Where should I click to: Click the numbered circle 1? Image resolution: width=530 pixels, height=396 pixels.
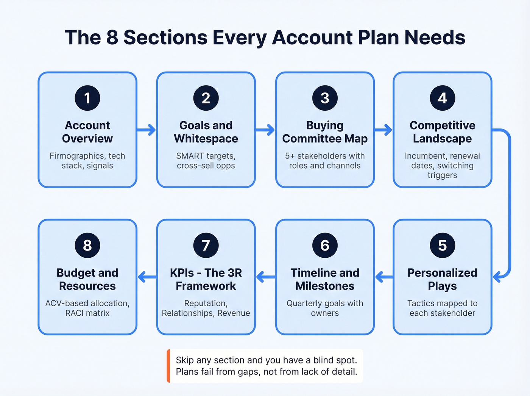click(87, 98)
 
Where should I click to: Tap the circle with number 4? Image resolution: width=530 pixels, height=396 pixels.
click(442, 98)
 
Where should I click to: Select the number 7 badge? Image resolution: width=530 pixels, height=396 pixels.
click(206, 245)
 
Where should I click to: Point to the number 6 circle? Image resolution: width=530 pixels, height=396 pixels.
click(325, 245)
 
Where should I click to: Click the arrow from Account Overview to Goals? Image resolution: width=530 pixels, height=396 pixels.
click(147, 130)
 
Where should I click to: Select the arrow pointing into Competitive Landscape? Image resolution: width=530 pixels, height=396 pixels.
click(383, 130)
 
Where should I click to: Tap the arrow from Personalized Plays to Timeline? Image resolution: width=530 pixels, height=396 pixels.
click(383, 277)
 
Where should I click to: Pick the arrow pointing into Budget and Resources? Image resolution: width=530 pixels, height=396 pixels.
click(147, 277)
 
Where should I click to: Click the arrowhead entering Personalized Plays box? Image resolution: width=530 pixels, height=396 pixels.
click(497, 277)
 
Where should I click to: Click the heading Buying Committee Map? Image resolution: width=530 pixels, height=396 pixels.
click(325, 132)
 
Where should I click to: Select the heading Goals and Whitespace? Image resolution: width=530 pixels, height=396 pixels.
click(206, 132)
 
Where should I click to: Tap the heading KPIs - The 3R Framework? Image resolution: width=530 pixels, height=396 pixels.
click(206, 279)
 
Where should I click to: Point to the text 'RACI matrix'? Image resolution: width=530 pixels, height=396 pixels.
click(87, 313)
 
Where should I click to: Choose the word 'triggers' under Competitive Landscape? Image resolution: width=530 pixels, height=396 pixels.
click(442, 175)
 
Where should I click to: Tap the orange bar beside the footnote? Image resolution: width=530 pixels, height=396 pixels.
click(168, 366)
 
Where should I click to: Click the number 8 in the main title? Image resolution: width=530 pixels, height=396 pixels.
click(112, 38)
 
